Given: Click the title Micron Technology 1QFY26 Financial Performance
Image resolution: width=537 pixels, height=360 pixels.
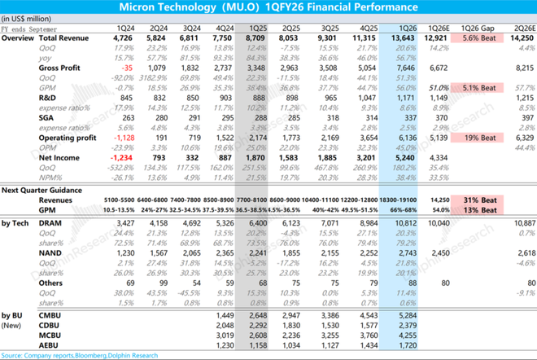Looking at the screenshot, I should (268, 7).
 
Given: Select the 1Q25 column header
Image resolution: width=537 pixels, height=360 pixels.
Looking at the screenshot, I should (254, 28).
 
